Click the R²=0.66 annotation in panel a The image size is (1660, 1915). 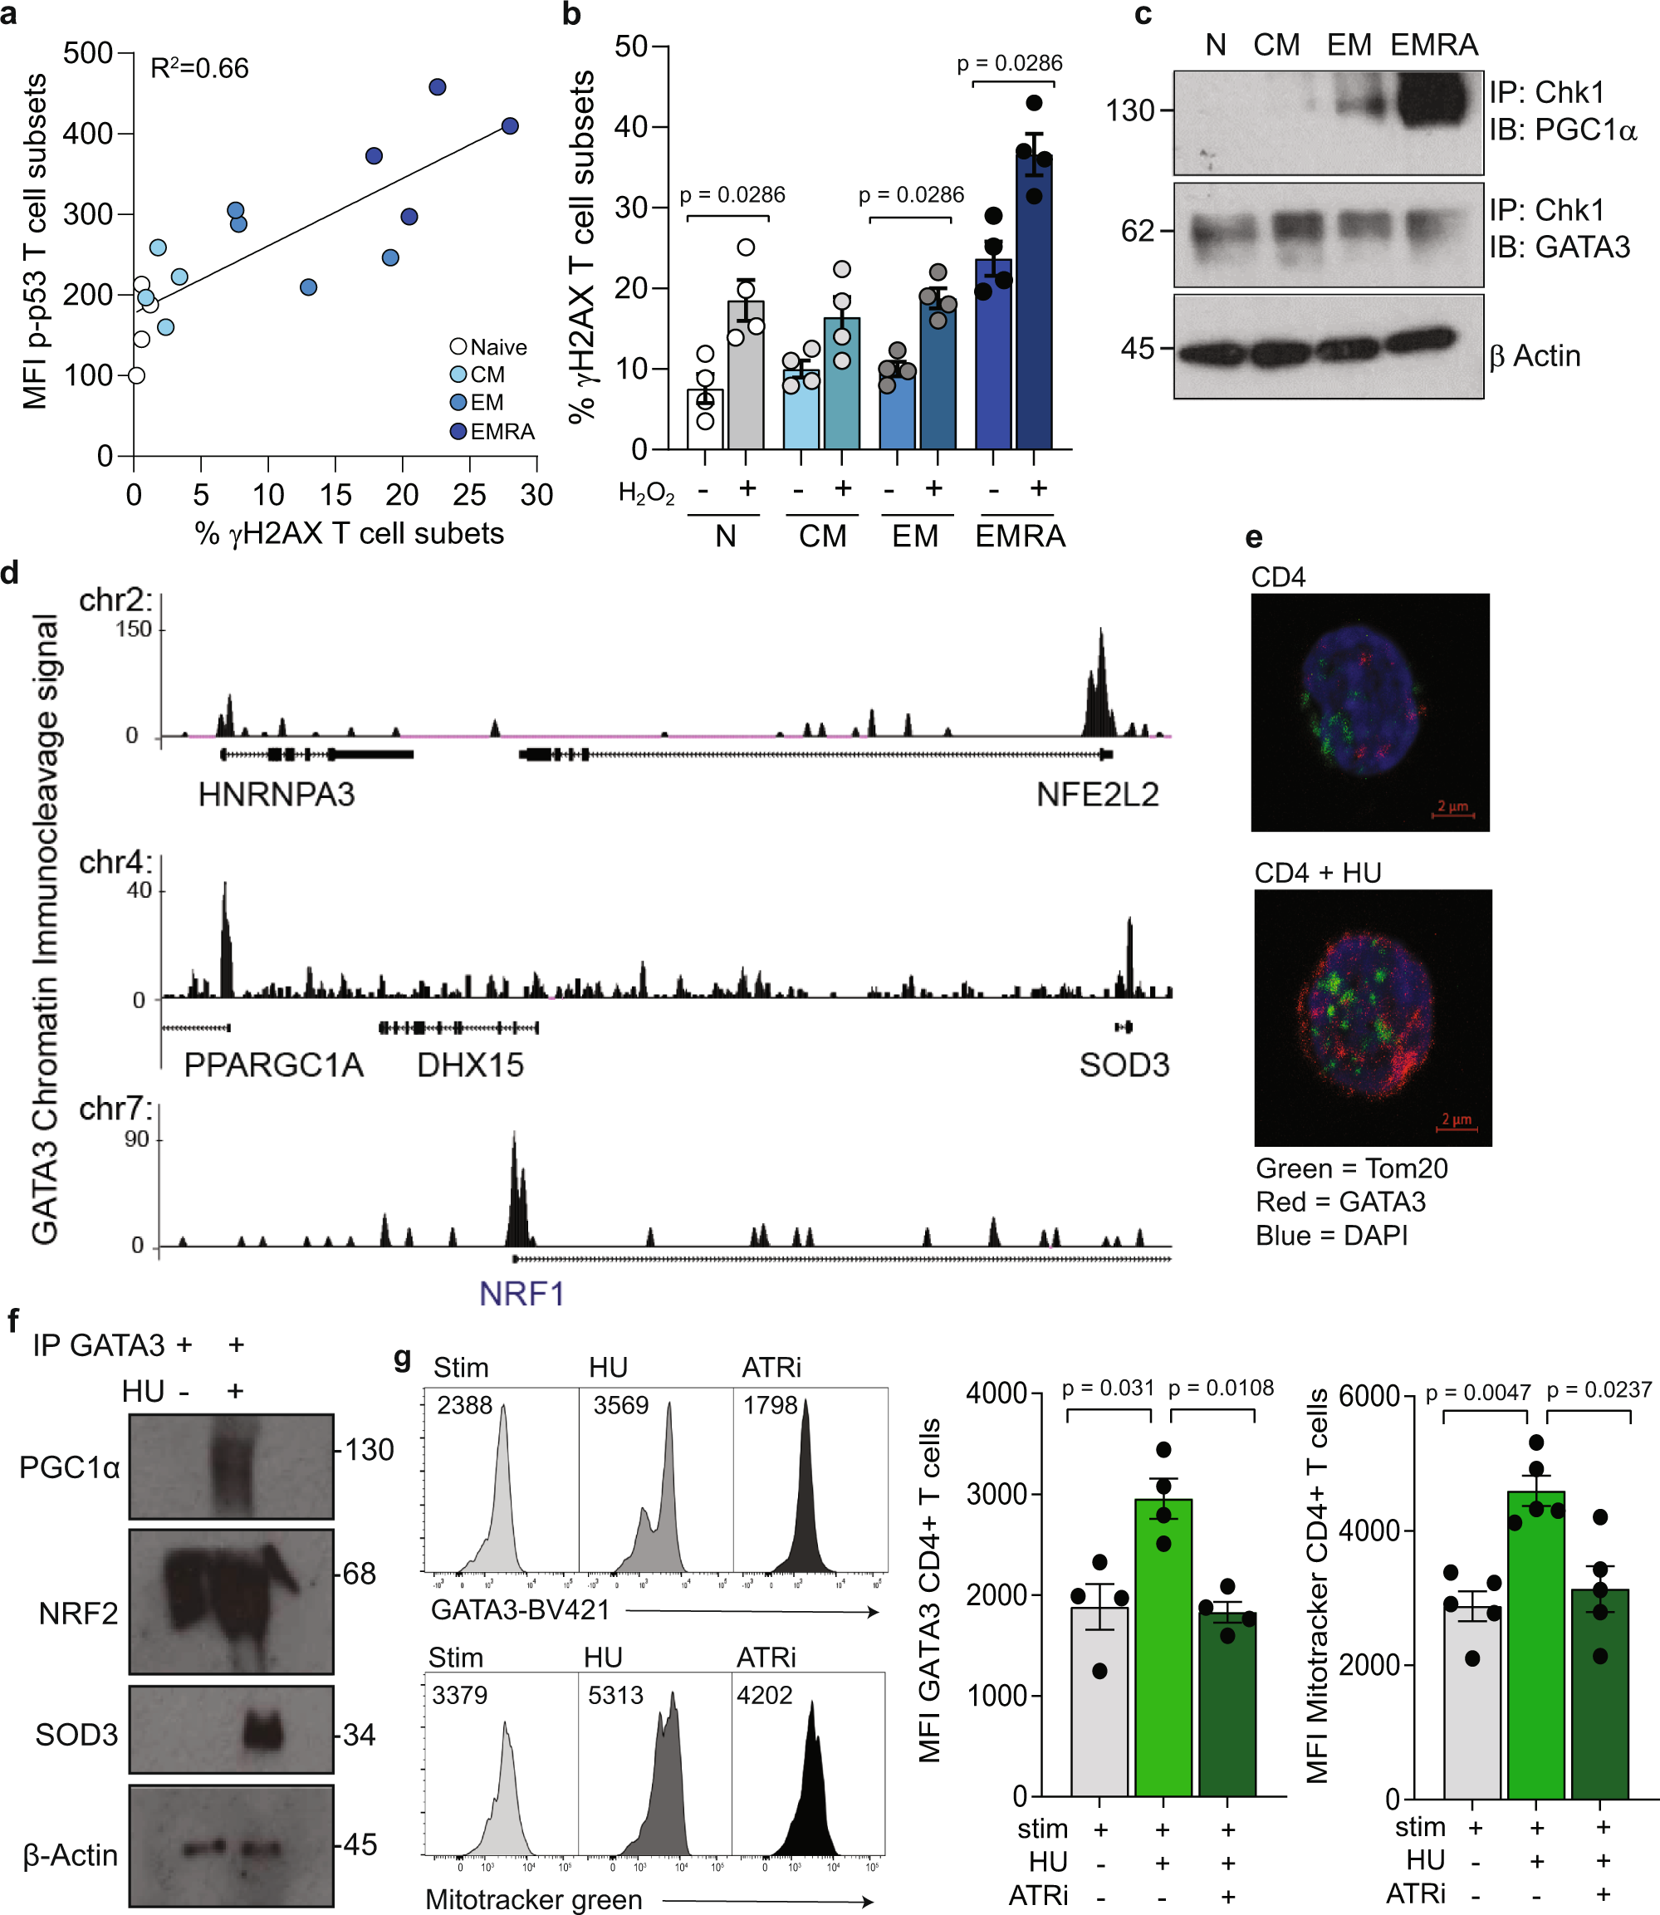199,69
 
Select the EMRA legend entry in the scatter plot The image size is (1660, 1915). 501,432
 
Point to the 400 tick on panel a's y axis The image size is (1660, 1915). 87,134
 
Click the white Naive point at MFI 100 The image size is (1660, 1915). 136,375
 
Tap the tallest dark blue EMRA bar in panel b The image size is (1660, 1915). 1034,306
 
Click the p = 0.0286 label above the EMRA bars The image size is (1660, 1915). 1009,63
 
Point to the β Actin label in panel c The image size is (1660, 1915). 1534,355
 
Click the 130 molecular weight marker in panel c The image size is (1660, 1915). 1130,110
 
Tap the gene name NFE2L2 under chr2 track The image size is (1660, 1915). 1097,795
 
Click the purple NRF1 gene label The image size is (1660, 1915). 522,1293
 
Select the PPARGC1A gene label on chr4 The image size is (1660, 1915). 273,1065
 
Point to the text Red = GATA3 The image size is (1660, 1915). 1340,1202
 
